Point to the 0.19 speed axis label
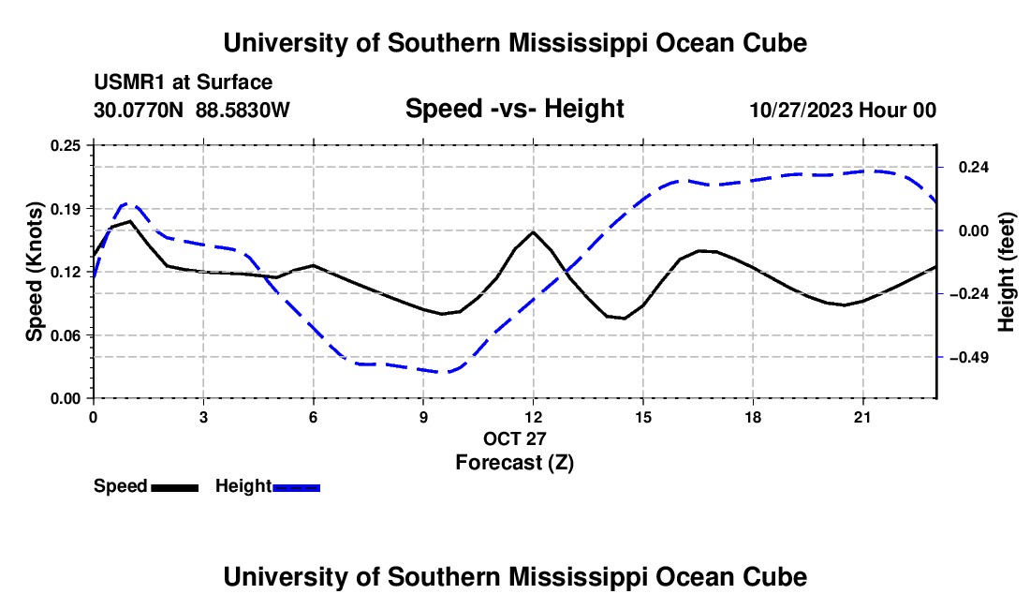[66, 209]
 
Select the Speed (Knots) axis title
[34, 272]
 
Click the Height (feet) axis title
[1006, 272]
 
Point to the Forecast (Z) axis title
[515, 463]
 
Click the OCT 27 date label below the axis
[515, 438]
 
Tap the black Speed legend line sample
[175, 488]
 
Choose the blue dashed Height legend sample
[296, 488]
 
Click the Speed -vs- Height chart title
[515, 109]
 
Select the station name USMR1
[130, 82]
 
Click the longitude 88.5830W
[243, 110]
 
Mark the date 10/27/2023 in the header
[802, 110]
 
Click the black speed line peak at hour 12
[534, 232]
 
